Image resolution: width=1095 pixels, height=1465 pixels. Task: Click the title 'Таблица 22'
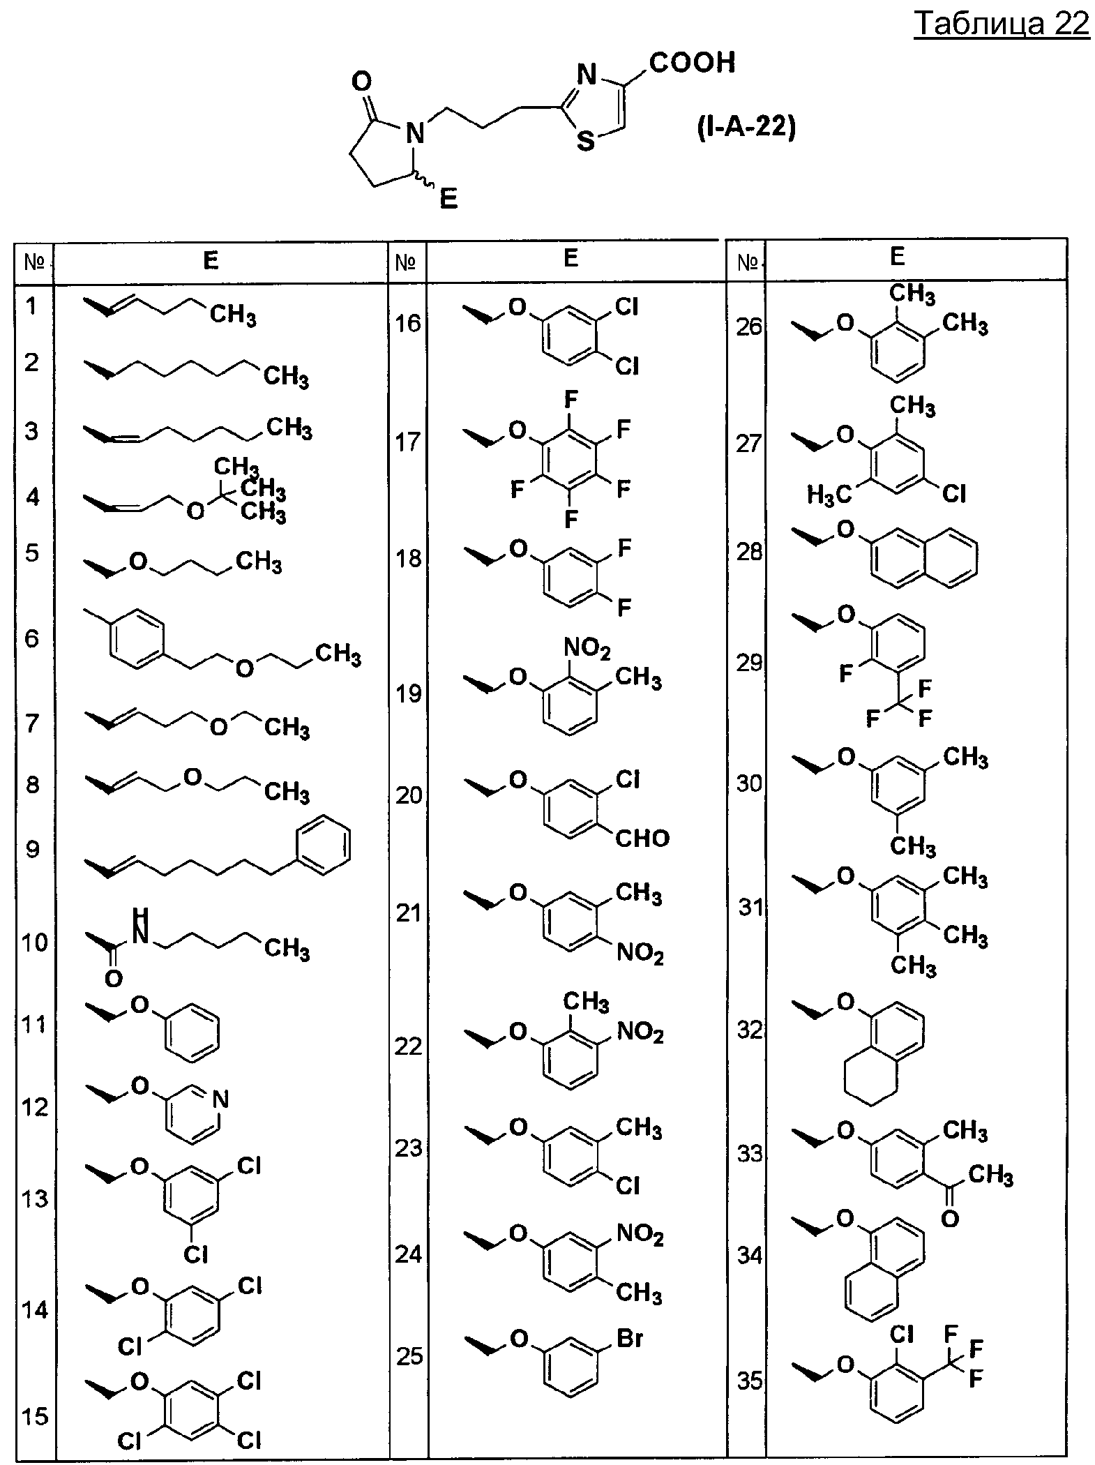(1001, 24)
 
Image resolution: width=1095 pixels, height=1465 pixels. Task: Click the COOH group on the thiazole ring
(692, 63)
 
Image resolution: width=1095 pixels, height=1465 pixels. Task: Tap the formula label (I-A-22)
(746, 130)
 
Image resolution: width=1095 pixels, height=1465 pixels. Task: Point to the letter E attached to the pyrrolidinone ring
(448, 201)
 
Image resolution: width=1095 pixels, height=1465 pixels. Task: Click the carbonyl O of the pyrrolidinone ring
(361, 82)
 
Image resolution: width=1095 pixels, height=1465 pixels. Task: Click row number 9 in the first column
(32, 850)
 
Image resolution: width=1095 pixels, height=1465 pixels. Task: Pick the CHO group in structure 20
(642, 838)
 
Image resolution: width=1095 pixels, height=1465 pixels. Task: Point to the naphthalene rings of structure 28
(924, 556)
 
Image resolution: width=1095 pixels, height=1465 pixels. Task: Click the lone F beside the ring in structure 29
(846, 674)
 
